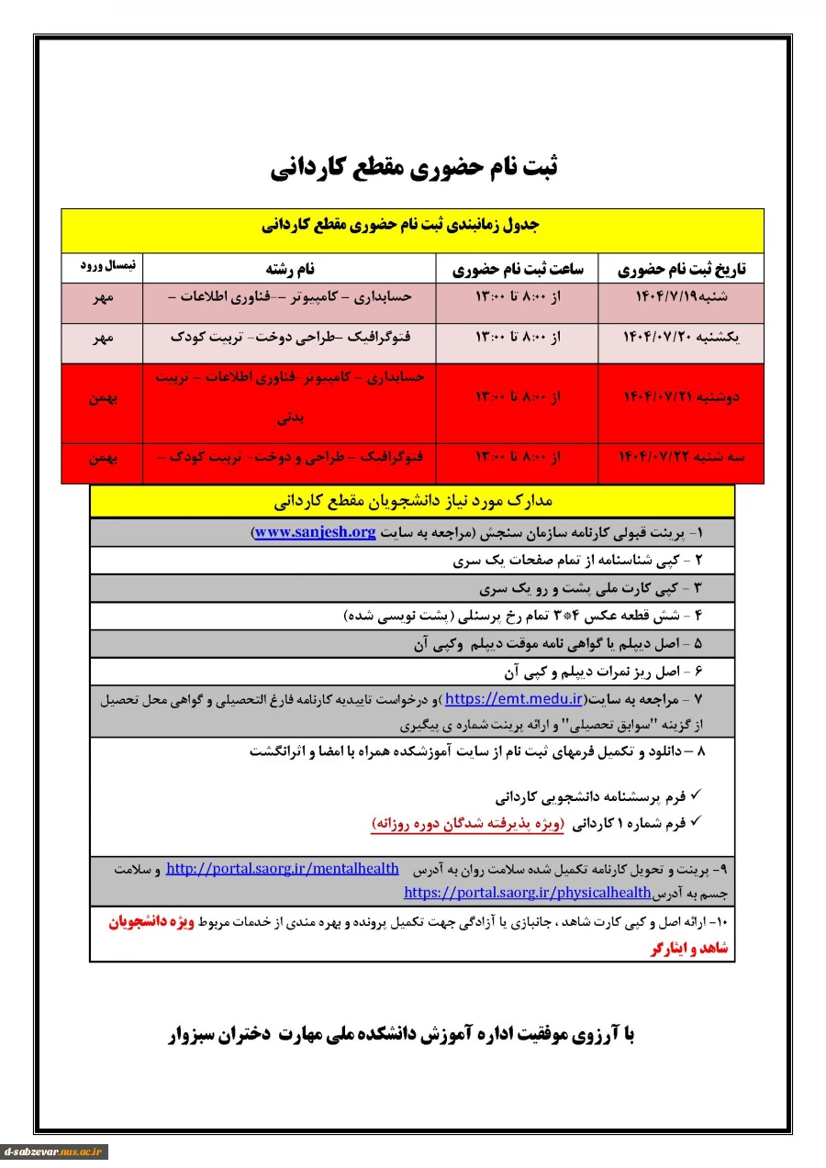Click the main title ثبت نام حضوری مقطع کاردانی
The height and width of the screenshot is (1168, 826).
tap(414, 167)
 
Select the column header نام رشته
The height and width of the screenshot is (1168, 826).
tap(290, 269)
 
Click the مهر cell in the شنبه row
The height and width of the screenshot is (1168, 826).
tap(103, 298)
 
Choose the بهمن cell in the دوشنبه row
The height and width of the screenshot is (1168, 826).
tap(103, 398)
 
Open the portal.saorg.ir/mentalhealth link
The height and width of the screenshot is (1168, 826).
tap(283, 868)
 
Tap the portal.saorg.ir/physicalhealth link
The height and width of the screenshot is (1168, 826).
tap(528, 892)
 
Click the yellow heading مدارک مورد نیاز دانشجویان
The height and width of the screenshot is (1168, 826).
tap(413, 501)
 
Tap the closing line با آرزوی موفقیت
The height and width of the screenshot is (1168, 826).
tap(401, 1035)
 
